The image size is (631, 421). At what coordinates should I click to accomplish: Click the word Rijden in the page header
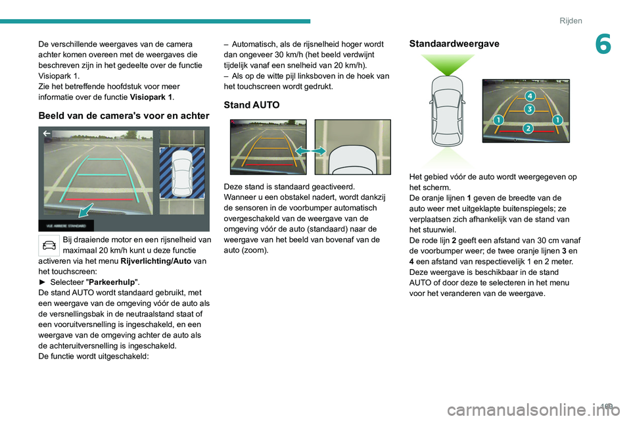571,21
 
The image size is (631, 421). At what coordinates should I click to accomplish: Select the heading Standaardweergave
454,43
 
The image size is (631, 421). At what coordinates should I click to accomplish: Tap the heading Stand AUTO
252,105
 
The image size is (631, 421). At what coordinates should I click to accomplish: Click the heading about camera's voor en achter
123,115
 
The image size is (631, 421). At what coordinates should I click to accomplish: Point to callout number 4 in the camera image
529,97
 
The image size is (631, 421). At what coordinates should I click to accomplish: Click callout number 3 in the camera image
528,109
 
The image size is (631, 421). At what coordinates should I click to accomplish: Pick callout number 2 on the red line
527,127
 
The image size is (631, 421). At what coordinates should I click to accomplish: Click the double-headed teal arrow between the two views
310,151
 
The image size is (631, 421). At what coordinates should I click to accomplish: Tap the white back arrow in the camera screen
47,134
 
